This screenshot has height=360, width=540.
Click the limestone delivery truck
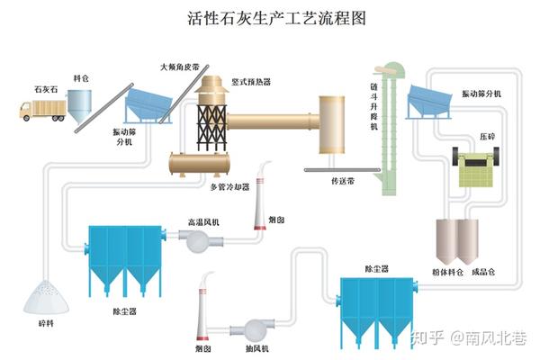tap(41, 110)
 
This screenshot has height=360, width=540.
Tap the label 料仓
tap(83, 79)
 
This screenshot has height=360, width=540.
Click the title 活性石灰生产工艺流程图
tap(269, 18)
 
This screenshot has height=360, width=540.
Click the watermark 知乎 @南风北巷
tap(469, 338)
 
